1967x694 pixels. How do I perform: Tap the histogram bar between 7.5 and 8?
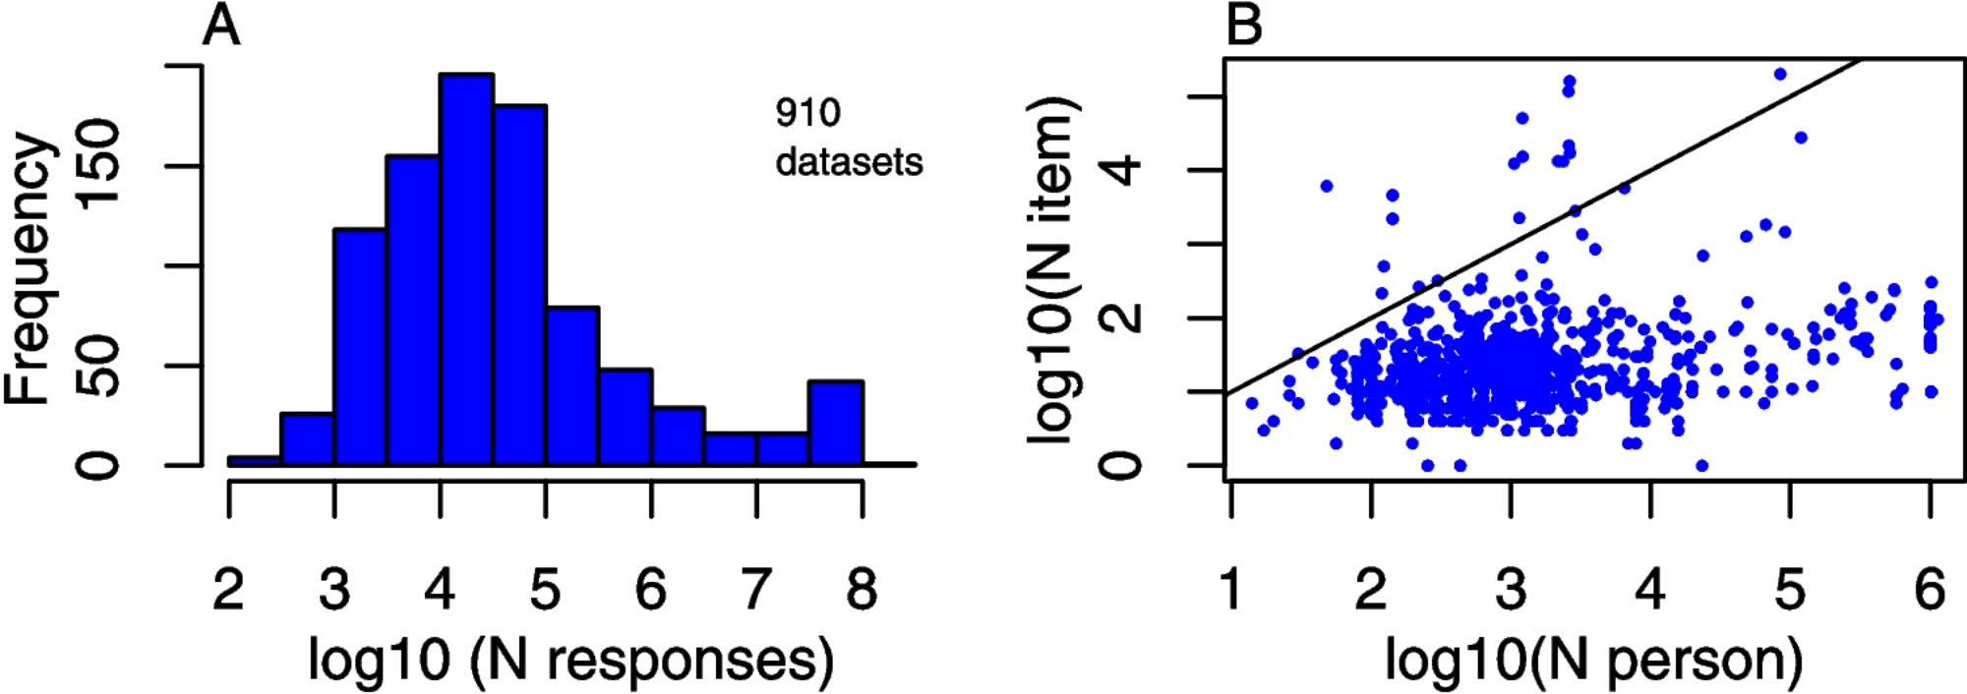(836, 423)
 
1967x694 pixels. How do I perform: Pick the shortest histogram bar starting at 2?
(255, 460)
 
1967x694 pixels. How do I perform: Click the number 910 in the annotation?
(807, 113)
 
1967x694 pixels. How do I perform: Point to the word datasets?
(849, 162)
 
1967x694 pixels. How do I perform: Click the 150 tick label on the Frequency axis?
(99, 165)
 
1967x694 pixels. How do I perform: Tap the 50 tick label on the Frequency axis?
(99, 365)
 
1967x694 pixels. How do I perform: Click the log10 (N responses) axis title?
(570, 660)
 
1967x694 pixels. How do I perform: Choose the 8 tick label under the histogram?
(862, 589)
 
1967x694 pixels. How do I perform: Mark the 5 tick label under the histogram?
(545, 589)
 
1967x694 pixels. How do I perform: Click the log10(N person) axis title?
(1593, 660)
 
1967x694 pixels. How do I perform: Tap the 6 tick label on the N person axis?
(1930, 589)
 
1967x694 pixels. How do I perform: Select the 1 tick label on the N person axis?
(1231, 589)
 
